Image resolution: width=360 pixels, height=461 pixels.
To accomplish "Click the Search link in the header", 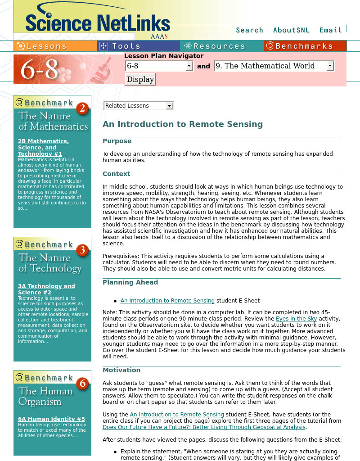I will click(249, 30).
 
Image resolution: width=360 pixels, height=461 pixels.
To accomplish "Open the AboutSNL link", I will click(291, 30).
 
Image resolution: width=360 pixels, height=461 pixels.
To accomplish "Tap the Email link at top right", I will click(331, 30).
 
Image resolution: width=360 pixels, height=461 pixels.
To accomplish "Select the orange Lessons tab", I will click(55, 46).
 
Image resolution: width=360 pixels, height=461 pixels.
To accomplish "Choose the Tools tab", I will click(139, 46).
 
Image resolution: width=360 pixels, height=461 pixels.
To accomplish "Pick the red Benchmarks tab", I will click(305, 46).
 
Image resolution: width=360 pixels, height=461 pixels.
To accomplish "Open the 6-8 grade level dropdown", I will click(159, 66).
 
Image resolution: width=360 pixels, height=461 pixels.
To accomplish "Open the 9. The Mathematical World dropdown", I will click(274, 66).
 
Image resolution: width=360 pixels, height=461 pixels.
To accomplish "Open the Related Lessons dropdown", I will click(138, 106).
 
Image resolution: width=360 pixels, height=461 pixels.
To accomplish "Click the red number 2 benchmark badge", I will click(82, 108).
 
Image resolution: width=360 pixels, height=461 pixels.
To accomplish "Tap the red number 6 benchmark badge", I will click(82, 384).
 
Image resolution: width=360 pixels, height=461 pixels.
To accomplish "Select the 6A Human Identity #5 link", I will click(51, 419).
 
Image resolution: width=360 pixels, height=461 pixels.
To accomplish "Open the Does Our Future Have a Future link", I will click(204, 427).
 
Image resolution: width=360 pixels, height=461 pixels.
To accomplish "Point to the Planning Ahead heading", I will click(130, 282).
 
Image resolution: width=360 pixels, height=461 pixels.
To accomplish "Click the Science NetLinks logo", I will click(98, 23).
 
